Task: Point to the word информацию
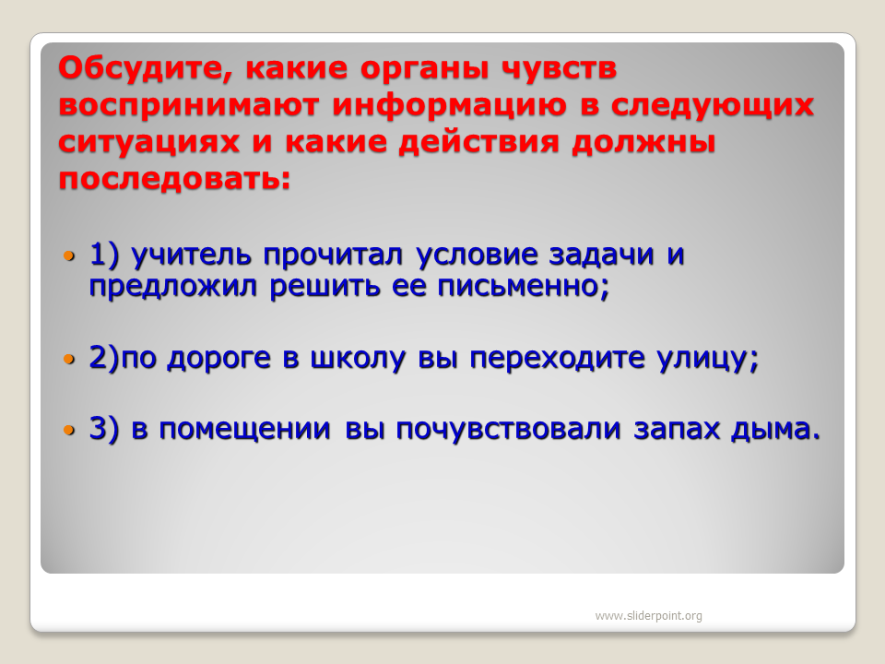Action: click(449, 106)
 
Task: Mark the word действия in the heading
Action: click(478, 142)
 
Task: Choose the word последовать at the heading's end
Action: click(174, 179)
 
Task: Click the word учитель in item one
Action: click(191, 255)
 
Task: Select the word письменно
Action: click(524, 286)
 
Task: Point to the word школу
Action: click(358, 359)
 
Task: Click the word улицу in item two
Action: click(708, 359)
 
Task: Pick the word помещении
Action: click(244, 429)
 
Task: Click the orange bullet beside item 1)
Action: click(69, 256)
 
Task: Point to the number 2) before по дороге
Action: click(105, 358)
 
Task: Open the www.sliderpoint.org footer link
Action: click(648, 615)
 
